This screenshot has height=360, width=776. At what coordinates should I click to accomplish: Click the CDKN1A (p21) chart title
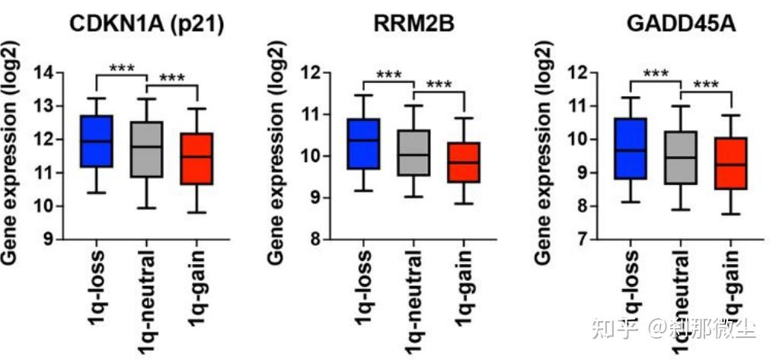[x=146, y=26]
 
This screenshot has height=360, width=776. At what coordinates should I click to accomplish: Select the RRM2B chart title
[x=414, y=26]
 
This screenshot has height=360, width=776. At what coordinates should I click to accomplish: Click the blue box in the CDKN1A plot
[x=97, y=141]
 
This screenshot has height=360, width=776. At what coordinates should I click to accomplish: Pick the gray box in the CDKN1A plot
[x=147, y=149]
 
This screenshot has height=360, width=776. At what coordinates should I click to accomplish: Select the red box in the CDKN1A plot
[x=197, y=158]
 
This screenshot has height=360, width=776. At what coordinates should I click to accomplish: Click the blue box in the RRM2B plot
[x=362, y=144]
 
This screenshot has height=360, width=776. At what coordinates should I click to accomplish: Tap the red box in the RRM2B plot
[x=463, y=162]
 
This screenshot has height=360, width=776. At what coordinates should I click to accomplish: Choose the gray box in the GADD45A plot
[x=681, y=158]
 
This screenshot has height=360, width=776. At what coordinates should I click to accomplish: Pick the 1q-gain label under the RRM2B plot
[x=463, y=281]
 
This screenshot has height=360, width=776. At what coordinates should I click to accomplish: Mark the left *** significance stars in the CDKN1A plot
[x=122, y=68]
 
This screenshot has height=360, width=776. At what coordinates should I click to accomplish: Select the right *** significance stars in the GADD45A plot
[x=705, y=84]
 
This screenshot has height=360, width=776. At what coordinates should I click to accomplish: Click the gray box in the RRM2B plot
[x=413, y=153]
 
